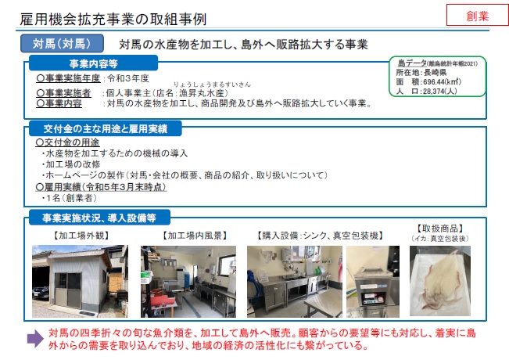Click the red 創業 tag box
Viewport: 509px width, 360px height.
[x=478, y=15]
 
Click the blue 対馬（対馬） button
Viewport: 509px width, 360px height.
[x=62, y=44]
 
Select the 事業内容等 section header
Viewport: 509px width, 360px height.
[x=94, y=63]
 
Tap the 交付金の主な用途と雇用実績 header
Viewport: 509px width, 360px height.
[x=106, y=129]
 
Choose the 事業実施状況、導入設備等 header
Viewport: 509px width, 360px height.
[x=99, y=218]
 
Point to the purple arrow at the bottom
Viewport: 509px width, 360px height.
[x=35, y=339]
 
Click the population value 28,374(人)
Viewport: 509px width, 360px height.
[x=440, y=92]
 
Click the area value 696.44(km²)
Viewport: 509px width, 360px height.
[x=442, y=82]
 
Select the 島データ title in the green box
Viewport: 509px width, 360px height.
[x=412, y=63]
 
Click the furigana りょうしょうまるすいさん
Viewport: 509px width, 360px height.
[x=213, y=85]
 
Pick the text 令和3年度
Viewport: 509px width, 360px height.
[x=128, y=78]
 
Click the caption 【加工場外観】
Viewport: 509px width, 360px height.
[x=81, y=236]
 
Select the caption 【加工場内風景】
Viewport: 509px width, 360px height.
[x=195, y=236]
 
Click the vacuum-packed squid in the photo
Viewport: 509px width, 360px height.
[x=440, y=279]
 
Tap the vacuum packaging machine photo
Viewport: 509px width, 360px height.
[x=373, y=282]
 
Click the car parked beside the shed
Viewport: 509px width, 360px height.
[x=41, y=293]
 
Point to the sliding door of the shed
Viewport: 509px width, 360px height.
[x=68, y=290]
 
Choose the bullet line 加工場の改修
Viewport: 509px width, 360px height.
[x=71, y=164]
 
